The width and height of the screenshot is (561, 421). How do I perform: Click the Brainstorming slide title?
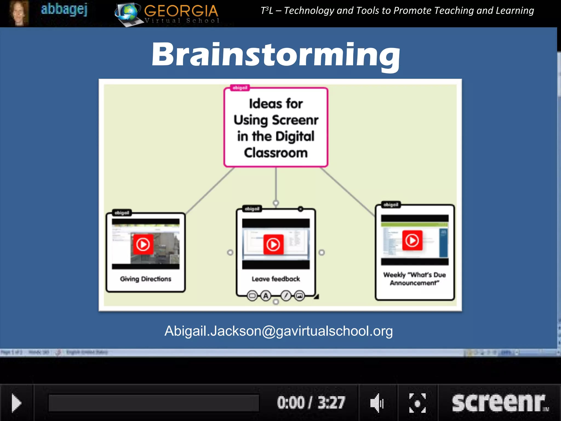[x=276, y=55]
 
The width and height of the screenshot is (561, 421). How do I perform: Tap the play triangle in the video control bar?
[x=16, y=403]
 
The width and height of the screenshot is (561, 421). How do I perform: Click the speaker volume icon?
[x=377, y=403]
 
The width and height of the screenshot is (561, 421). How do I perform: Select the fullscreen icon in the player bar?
[x=417, y=403]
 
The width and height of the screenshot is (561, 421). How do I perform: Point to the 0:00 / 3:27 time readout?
[x=311, y=403]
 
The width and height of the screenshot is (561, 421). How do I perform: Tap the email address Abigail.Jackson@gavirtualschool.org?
[x=278, y=331]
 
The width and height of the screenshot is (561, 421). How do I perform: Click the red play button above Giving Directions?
[x=143, y=244]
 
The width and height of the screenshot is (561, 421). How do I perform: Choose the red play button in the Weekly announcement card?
[x=412, y=240]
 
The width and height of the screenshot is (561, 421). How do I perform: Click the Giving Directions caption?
[x=145, y=279]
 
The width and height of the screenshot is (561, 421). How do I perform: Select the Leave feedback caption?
[x=276, y=279]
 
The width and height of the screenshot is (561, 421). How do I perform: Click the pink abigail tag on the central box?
[x=240, y=88]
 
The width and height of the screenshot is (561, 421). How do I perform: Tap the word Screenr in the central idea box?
[x=295, y=120]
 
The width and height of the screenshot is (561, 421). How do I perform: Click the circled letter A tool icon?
[x=266, y=296]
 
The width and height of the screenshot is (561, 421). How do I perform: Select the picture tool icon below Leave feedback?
[x=300, y=296]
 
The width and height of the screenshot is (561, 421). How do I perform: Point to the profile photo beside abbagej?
[x=19, y=13]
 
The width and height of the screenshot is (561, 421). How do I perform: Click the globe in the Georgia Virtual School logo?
[x=128, y=12]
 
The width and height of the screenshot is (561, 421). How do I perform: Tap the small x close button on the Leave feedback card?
[x=300, y=209]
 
